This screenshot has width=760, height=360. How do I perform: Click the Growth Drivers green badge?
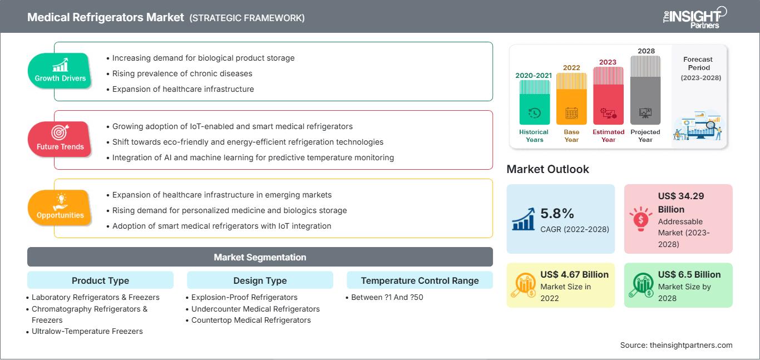tap(60, 71)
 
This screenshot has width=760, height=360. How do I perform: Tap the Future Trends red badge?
tap(60, 139)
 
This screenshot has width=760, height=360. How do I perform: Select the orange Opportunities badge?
tap(60, 208)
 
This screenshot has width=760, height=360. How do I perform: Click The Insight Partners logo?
tap(694, 18)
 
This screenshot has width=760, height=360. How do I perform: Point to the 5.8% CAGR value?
tap(557, 214)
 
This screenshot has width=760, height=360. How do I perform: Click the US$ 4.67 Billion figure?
tap(574, 274)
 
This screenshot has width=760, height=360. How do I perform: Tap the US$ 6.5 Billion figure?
tap(689, 274)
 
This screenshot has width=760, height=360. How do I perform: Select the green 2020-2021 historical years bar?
tap(534, 102)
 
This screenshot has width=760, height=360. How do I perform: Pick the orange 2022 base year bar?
tap(571, 98)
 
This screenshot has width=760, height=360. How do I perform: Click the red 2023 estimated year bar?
tap(608, 96)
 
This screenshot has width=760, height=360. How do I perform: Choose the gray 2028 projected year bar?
tap(645, 90)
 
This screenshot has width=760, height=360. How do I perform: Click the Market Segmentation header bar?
tap(260, 257)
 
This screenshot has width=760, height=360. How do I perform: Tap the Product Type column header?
tap(101, 280)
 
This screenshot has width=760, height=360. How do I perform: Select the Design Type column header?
tap(260, 280)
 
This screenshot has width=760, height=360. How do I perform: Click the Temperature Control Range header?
tap(420, 280)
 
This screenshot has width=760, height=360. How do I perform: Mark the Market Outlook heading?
tap(547, 169)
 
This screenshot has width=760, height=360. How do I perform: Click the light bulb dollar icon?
tap(640, 219)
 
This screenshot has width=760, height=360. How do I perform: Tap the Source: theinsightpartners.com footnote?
tap(676, 345)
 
